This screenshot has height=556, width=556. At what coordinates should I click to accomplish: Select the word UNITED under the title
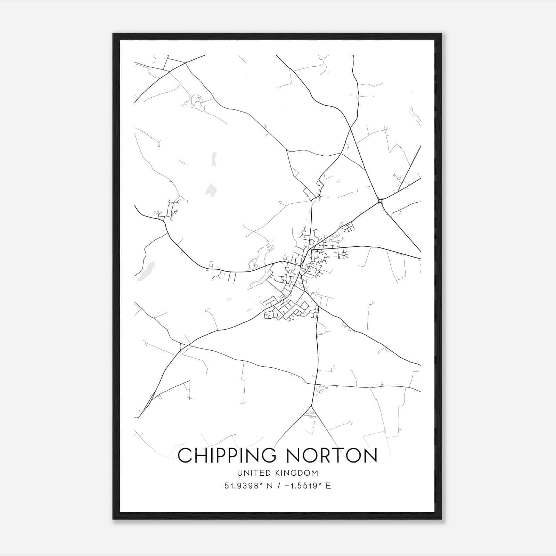click(x=251, y=473)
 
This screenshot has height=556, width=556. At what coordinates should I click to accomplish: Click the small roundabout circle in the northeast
click(x=380, y=201)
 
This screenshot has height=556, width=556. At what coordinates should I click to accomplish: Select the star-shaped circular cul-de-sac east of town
click(x=344, y=254)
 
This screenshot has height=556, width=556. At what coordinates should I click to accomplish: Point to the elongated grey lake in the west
click(x=146, y=271)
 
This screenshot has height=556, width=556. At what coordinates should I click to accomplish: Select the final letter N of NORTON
click(x=370, y=455)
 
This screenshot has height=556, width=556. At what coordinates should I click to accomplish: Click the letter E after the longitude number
click(x=328, y=486)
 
